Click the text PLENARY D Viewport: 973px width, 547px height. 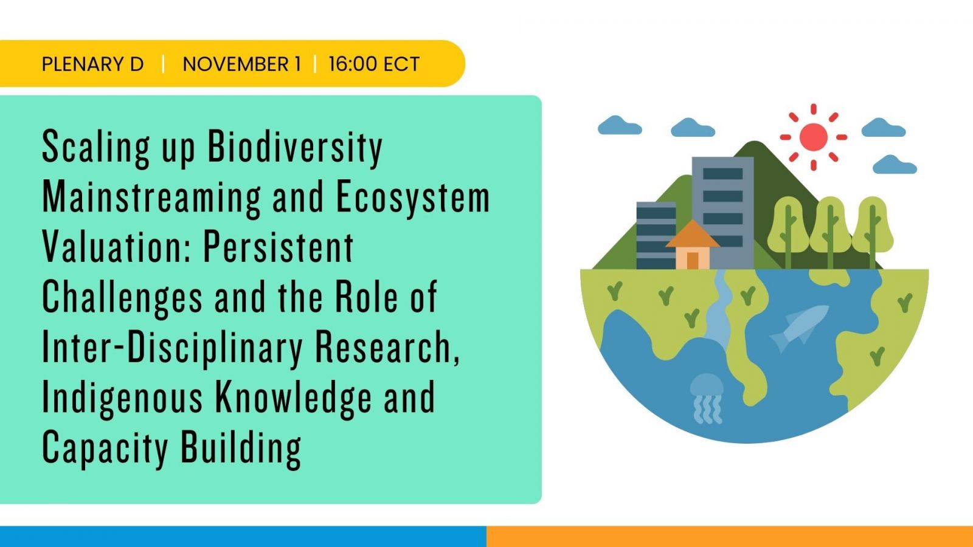(x=92, y=64)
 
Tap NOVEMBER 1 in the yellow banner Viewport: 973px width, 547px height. (x=242, y=64)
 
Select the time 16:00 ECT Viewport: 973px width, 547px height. (x=374, y=64)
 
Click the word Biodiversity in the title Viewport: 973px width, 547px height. (x=295, y=148)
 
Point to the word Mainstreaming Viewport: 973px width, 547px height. (x=151, y=198)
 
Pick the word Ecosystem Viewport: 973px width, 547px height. (x=413, y=198)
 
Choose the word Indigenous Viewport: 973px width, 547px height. (x=122, y=398)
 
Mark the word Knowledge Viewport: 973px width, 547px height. (x=294, y=398)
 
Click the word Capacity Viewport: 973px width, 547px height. (x=105, y=449)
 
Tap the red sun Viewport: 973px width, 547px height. (x=813, y=137)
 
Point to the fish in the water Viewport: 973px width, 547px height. (x=799, y=328)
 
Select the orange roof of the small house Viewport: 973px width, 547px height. (x=693, y=235)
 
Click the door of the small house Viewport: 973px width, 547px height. (x=693, y=261)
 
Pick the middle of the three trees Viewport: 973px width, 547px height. (x=830, y=232)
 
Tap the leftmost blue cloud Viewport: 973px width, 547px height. (x=620, y=125)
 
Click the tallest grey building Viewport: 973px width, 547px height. (x=723, y=213)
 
